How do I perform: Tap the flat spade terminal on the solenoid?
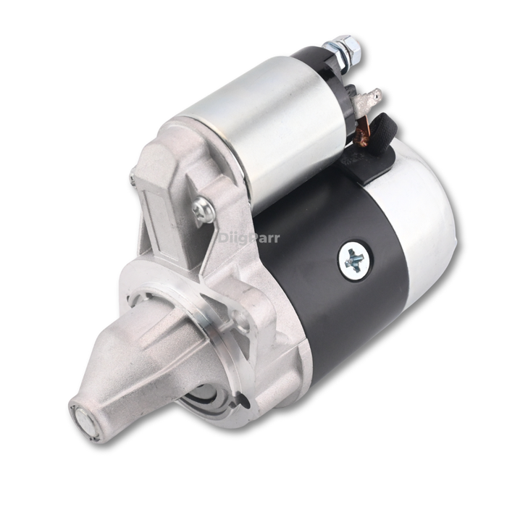(x=374, y=96)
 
